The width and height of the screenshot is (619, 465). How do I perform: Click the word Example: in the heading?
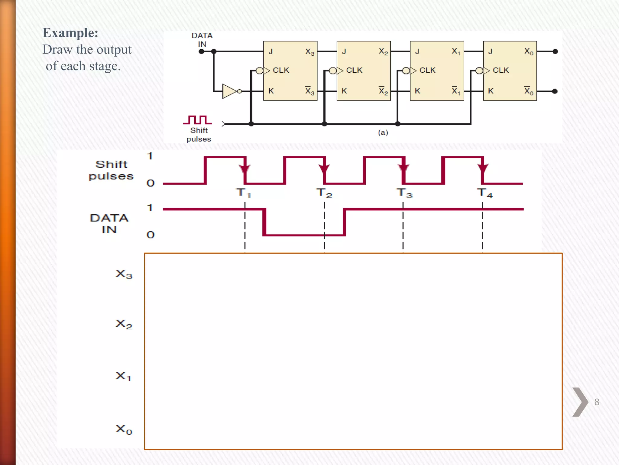70,33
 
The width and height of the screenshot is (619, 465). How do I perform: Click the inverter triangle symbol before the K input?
229,91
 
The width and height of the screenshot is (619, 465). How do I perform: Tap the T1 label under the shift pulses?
243,193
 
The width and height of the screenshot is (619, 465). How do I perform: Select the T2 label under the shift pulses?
324,193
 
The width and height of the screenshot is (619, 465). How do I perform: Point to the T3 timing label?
404,193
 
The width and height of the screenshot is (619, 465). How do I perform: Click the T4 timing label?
485,193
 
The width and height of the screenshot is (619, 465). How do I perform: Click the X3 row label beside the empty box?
124,274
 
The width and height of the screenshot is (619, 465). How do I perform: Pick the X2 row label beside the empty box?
124,324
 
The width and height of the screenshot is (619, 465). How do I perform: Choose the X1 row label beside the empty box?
123,376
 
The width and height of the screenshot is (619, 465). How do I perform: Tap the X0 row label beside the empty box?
124,429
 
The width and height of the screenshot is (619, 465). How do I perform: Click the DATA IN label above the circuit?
202,40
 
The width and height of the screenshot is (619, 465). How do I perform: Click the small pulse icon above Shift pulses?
197,120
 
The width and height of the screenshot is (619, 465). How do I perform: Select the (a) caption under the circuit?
383,132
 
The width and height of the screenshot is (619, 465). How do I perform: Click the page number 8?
597,402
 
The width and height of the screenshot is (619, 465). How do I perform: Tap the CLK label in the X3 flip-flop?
281,70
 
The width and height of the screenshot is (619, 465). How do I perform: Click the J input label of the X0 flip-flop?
490,51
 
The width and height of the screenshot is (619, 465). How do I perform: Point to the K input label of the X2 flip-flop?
344,91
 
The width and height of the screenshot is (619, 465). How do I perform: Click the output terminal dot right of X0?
555,51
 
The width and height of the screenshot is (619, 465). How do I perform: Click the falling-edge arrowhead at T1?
245,168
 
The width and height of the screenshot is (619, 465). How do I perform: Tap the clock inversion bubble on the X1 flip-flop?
406,71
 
